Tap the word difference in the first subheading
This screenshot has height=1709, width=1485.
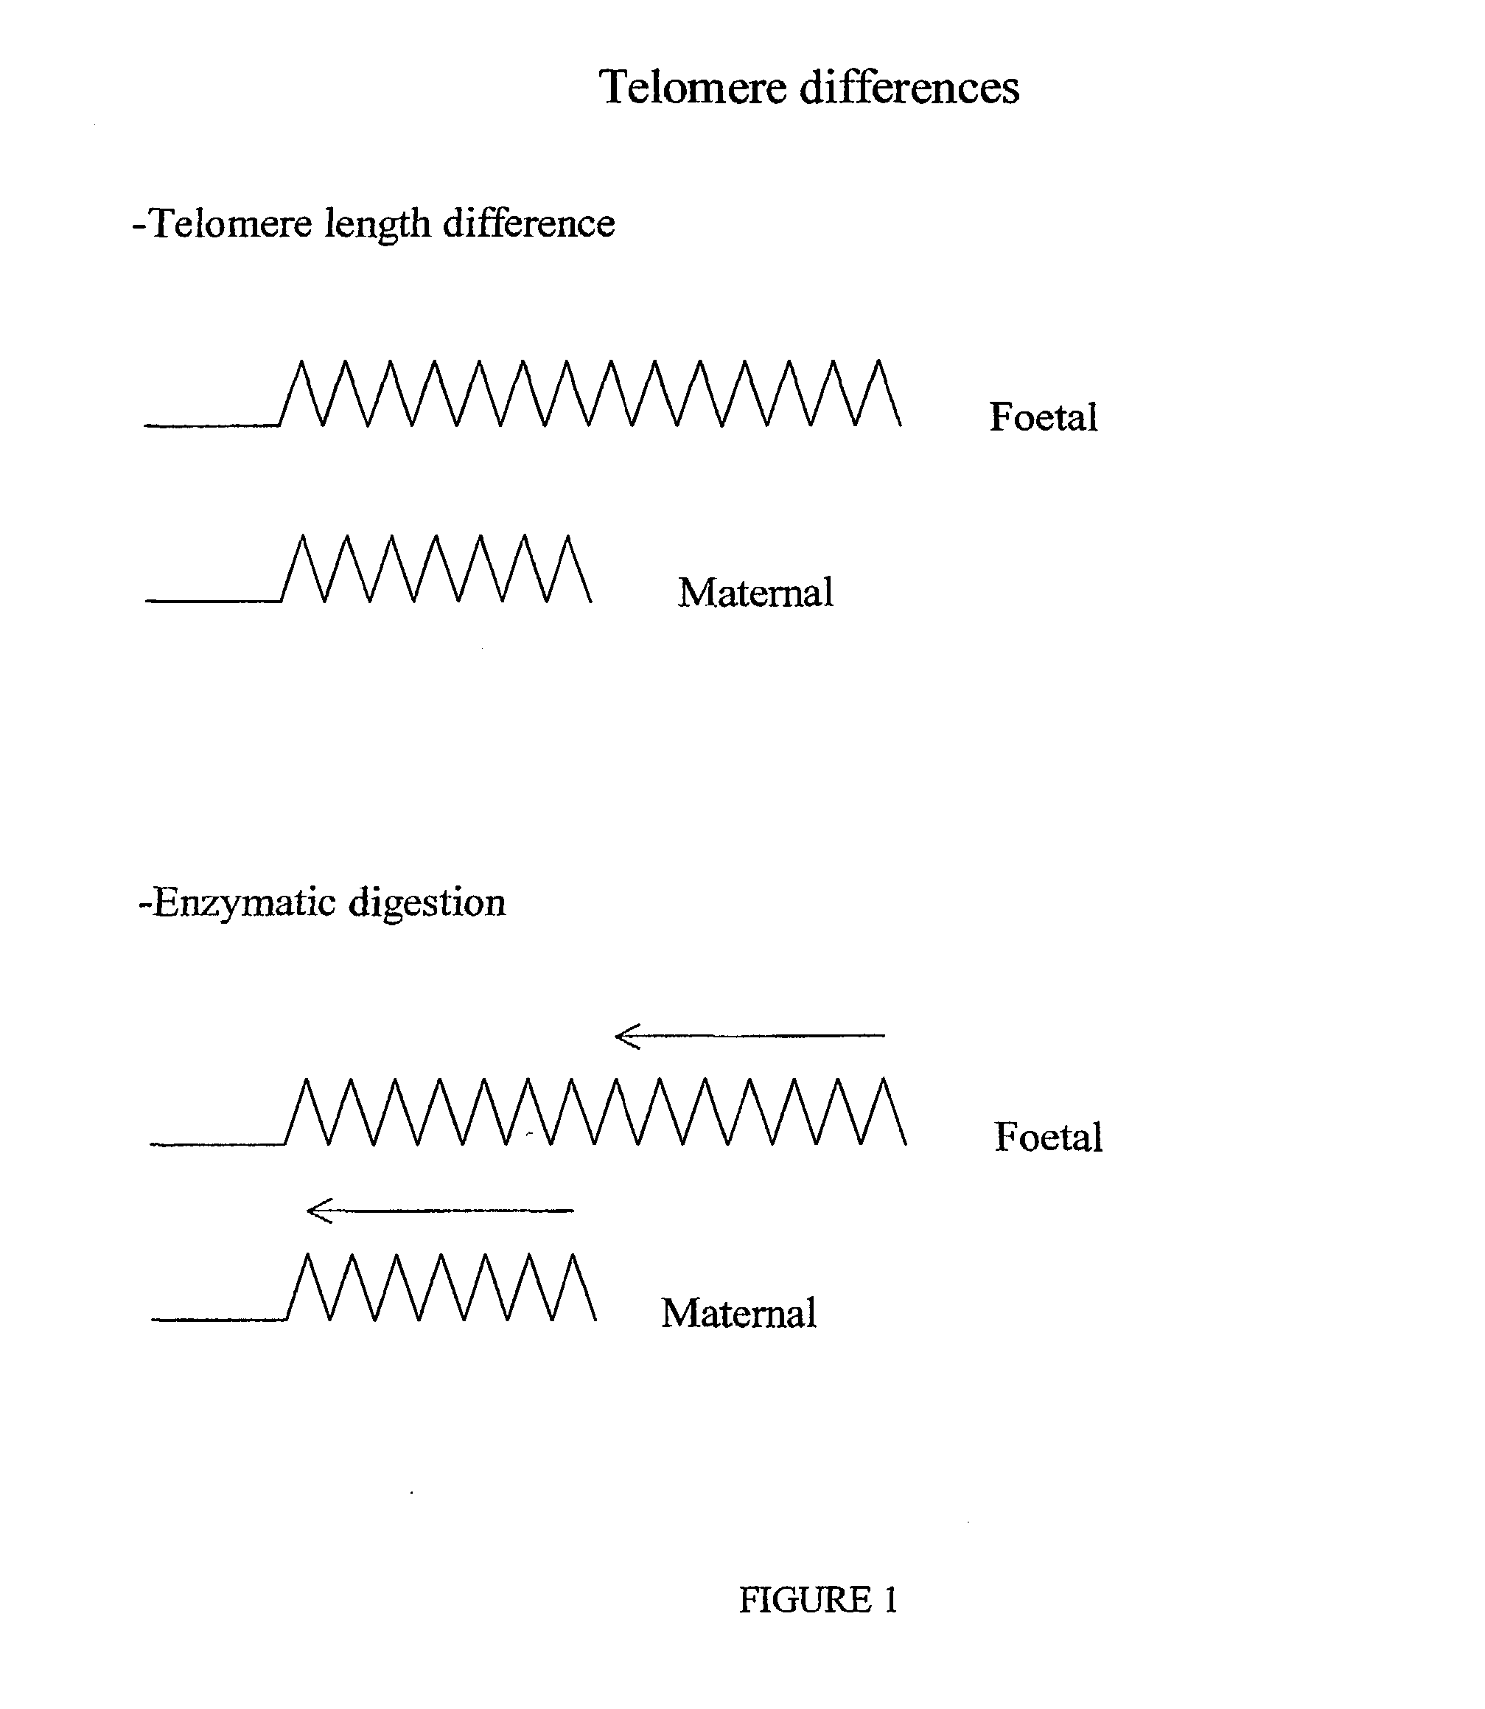[x=528, y=224]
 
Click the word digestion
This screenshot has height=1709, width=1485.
[x=427, y=903]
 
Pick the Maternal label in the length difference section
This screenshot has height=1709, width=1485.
[x=755, y=593]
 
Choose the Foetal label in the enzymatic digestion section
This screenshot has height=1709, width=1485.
[x=1047, y=1137]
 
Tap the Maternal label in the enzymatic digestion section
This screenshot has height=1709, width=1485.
[x=738, y=1314]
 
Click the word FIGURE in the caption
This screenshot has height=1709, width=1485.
[x=804, y=1600]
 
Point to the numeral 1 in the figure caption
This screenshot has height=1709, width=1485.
[x=891, y=1600]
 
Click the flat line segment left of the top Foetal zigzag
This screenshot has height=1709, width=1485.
[x=212, y=425]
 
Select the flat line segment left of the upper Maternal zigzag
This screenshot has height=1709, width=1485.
[x=213, y=601]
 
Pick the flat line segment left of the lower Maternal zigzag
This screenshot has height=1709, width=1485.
[x=219, y=1320]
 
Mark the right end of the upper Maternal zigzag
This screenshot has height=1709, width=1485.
[x=591, y=600]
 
